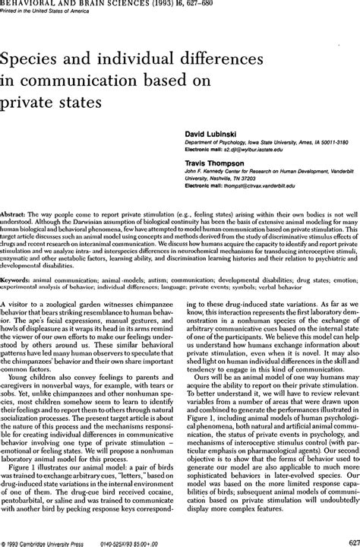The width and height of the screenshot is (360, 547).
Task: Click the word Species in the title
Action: pyautogui.click(x=40, y=58)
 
